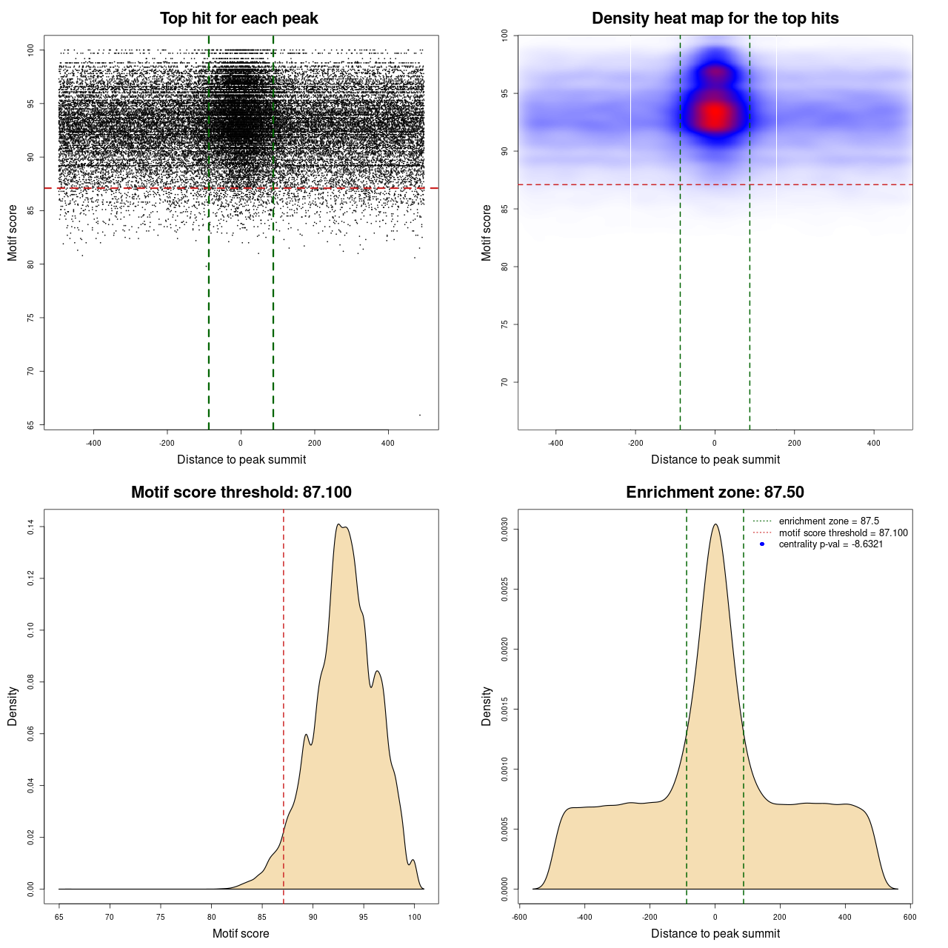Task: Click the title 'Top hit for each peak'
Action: tap(238, 19)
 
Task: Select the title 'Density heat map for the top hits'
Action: tap(715, 19)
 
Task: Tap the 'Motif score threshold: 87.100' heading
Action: tap(241, 493)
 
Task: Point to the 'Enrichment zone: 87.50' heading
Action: tap(715, 493)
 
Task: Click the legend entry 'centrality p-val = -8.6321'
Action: tap(830, 544)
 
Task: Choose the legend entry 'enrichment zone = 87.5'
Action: tap(829, 521)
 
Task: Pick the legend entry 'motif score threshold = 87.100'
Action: tap(843, 533)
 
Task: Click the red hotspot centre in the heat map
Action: tap(715, 116)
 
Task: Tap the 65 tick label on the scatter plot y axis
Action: tap(31, 424)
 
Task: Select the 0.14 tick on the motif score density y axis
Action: tap(31, 527)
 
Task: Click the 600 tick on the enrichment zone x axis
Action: tap(910, 917)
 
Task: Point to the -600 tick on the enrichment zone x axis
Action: tap(519, 917)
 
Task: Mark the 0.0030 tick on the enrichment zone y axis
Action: tap(505, 530)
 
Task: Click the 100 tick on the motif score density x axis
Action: tap(415, 917)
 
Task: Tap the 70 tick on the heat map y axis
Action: tap(505, 382)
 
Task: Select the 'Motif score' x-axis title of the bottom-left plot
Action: tap(241, 933)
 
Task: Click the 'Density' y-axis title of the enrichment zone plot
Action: tap(487, 706)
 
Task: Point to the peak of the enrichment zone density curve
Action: tap(715, 524)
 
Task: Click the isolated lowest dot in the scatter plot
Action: tap(420, 415)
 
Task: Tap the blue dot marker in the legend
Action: tap(762, 544)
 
